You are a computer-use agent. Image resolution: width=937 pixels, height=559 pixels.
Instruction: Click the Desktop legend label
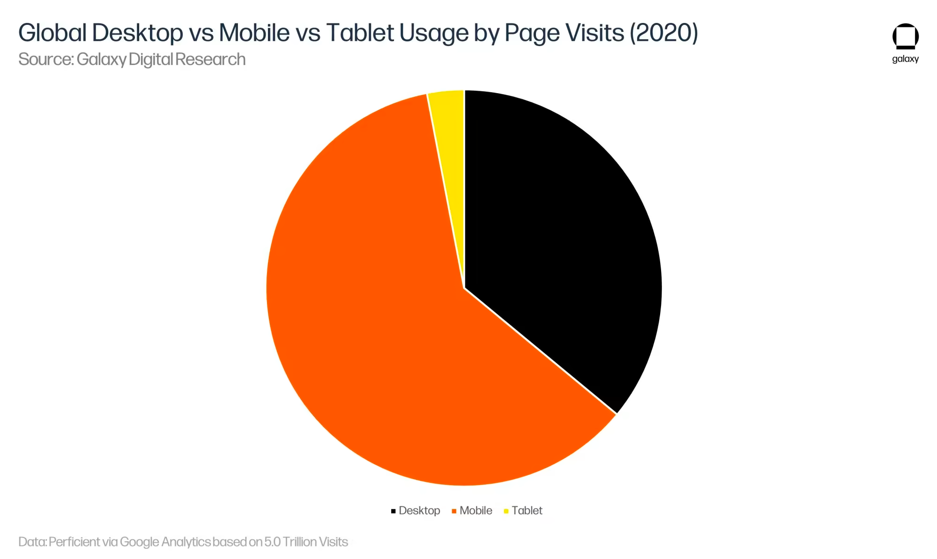pyautogui.click(x=419, y=510)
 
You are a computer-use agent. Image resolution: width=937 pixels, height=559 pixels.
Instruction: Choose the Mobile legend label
pyautogui.click(x=476, y=510)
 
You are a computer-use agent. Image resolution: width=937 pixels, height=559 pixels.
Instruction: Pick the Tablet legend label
pyautogui.click(x=527, y=510)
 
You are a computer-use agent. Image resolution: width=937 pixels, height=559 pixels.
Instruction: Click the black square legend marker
pyautogui.click(x=393, y=511)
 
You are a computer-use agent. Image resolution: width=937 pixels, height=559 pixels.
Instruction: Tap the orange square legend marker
pyautogui.click(x=454, y=511)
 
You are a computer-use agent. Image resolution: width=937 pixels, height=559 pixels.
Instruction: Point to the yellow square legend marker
pyautogui.click(x=506, y=511)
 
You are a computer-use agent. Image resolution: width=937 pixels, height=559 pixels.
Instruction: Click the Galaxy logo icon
pyautogui.click(x=905, y=36)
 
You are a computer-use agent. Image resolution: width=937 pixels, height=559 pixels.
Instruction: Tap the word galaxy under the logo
pyautogui.click(x=905, y=59)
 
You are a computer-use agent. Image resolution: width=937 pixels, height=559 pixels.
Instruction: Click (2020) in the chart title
pyautogui.click(x=663, y=33)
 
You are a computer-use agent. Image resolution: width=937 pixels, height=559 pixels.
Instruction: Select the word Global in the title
pyautogui.click(x=52, y=33)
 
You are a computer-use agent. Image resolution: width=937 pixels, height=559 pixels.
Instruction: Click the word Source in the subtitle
pyautogui.click(x=45, y=59)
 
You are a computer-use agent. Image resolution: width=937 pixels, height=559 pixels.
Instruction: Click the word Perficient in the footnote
pyautogui.click(x=74, y=542)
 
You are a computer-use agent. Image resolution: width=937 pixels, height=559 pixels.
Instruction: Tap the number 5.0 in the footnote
pyautogui.click(x=272, y=542)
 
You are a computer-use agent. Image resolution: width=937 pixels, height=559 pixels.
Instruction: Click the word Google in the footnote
pyautogui.click(x=139, y=542)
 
